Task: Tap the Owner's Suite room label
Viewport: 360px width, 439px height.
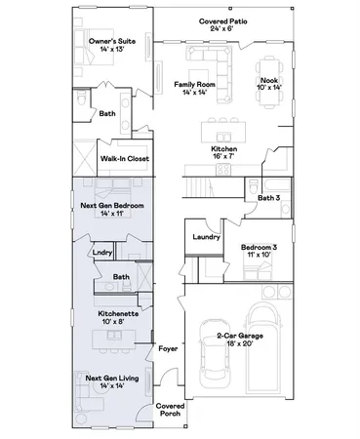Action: tap(109, 42)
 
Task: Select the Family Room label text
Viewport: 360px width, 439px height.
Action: tap(193, 84)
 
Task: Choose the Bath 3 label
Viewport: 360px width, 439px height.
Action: tap(268, 198)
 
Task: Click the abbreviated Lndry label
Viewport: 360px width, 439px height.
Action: tap(102, 252)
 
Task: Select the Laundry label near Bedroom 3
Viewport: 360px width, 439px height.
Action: tap(205, 237)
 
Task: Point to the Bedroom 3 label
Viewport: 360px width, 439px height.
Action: tap(259, 247)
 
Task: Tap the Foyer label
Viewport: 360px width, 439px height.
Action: tap(168, 345)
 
